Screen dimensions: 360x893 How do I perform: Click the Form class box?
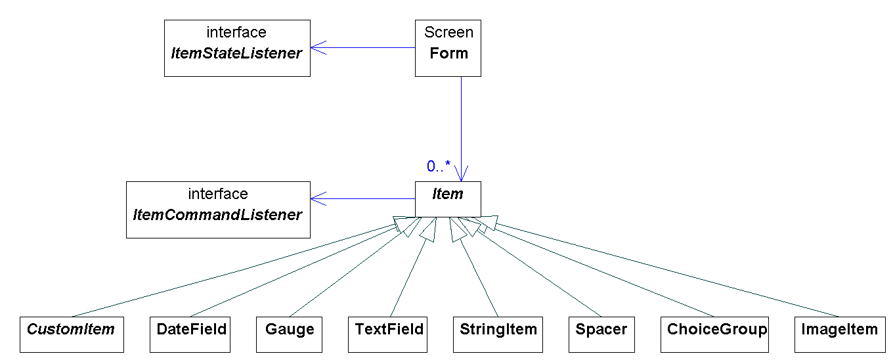pyautogui.click(x=448, y=49)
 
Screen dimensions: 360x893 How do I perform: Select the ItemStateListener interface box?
pyautogui.click(x=236, y=48)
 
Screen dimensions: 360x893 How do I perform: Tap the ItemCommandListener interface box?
pyautogui.click(x=217, y=210)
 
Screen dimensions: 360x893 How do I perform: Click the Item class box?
pyautogui.click(x=448, y=199)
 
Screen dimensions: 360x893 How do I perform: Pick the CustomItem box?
pyautogui.click(x=72, y=334)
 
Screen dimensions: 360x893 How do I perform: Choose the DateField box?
pyautogui.click(x=190, y=334)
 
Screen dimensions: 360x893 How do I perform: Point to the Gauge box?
pyautogui.click(x=289, y=334)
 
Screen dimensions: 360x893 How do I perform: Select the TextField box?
pyautogui.click(x=389, y=334)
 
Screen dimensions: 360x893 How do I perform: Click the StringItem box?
pyautogui.click(x=498, y=334)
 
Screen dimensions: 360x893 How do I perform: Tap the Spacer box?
pyautogui.click(x=601, y=334)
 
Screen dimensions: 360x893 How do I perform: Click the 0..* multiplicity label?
pyautogui.click(x=438, y=167)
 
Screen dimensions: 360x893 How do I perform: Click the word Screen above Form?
pyautogui.click(x=448, y=32)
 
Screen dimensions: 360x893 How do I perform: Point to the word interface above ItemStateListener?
pyautogui.click(x=236, y=32)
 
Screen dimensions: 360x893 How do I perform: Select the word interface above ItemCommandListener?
pyautogui.click(x=218, y=194)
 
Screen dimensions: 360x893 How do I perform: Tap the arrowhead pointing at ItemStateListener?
pyautogui.click(x=318, y=47)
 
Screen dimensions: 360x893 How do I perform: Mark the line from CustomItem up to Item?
pyautogui.click(x=230, y=273)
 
